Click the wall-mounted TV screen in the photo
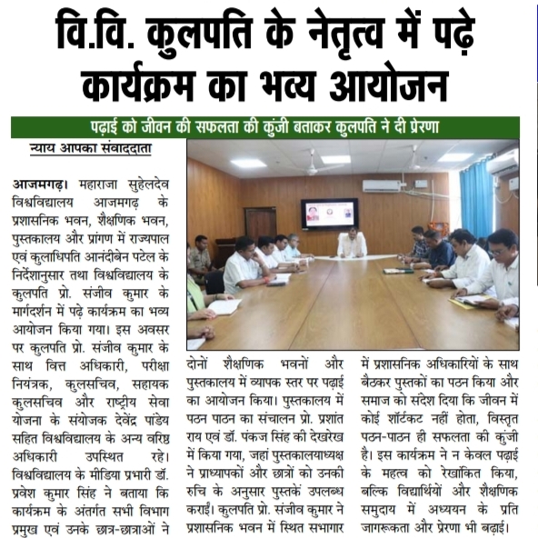tap(329, 213)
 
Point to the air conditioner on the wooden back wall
tap(384, 186)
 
